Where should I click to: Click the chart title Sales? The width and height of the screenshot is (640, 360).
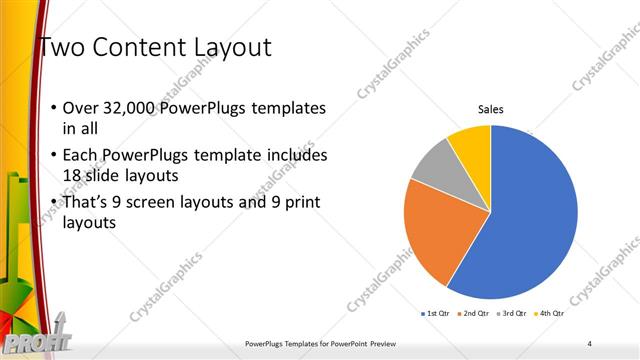[x=490, y=109]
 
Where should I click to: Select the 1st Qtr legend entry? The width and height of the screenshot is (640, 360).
[x=437, y=314]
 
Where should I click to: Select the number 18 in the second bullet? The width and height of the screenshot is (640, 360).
[x=72, y=176]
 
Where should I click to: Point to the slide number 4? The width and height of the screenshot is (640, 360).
[x=590, y=344]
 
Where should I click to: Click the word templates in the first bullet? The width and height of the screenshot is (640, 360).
[x=289, y=109]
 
